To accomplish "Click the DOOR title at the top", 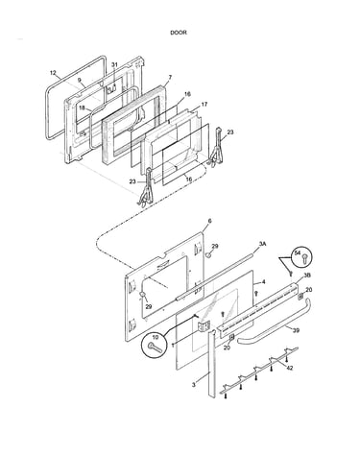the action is coord(179,33).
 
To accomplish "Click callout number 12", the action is coord(53,73).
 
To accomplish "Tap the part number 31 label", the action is coord(114,64).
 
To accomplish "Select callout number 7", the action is coord(170,77).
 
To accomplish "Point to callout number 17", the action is coord(204,105).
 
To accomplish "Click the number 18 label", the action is coord(82,108).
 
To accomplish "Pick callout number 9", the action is coord(80,80).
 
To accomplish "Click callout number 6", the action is coord(210,221).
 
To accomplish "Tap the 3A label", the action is coord(262,244).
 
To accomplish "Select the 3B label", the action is coord(307,275).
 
